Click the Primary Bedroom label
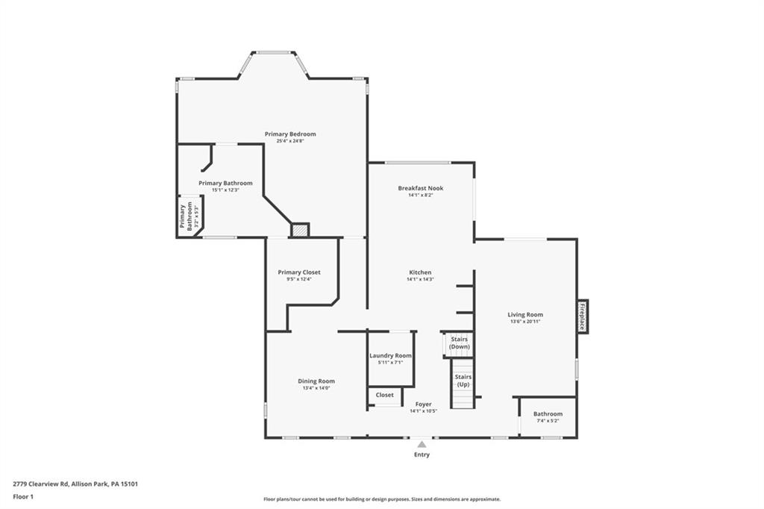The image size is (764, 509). tap(290, 134)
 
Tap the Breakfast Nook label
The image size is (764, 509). tap(420, 188)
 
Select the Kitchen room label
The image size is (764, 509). tap(420, 272)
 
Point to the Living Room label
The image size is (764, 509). tap(525, 315)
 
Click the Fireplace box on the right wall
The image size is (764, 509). tap(582, 316)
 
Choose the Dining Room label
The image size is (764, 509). tap(316, 381)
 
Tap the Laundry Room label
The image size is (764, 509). tap(390, 356)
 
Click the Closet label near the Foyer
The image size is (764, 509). tap(385, 395)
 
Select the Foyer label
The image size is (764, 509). tap(423, 405)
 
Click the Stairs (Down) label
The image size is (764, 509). tap(460, 343)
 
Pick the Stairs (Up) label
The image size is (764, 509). tap(463, 381)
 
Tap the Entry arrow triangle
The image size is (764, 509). tap(422, 444)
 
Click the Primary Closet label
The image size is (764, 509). tap(298, 272)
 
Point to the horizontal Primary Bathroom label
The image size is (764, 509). tap(225, 183)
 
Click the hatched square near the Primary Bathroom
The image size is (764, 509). tap(299, 231)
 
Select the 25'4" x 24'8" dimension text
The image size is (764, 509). tap(290, 141)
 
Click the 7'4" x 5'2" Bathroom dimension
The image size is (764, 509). tap(548, 421)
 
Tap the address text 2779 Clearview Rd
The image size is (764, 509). tap(75, 484)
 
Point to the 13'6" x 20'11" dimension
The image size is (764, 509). tap(525, 322)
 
